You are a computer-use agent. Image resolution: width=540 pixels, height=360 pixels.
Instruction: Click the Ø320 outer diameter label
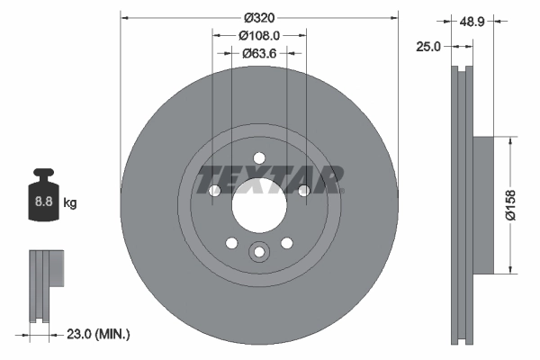(259, 16)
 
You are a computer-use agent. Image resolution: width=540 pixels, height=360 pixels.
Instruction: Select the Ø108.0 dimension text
(259, 35)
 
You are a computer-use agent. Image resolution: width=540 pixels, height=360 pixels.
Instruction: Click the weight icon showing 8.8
(43, 194)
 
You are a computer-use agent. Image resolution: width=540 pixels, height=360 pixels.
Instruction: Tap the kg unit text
(70, 203)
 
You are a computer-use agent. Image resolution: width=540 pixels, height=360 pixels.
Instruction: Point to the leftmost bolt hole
(214, 191)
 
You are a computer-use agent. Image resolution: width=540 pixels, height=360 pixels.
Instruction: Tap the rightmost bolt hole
(304, 191)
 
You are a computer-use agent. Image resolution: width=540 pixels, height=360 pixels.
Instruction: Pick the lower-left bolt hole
(231, 242)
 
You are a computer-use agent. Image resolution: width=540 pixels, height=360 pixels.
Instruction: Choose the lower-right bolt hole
(287, 242)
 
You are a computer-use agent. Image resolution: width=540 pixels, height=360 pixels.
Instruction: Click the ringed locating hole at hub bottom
(259, 253)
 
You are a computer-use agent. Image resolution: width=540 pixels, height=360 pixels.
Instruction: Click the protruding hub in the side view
(482, 204)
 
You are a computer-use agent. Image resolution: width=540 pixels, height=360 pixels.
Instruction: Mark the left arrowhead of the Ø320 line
(124, 16)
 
